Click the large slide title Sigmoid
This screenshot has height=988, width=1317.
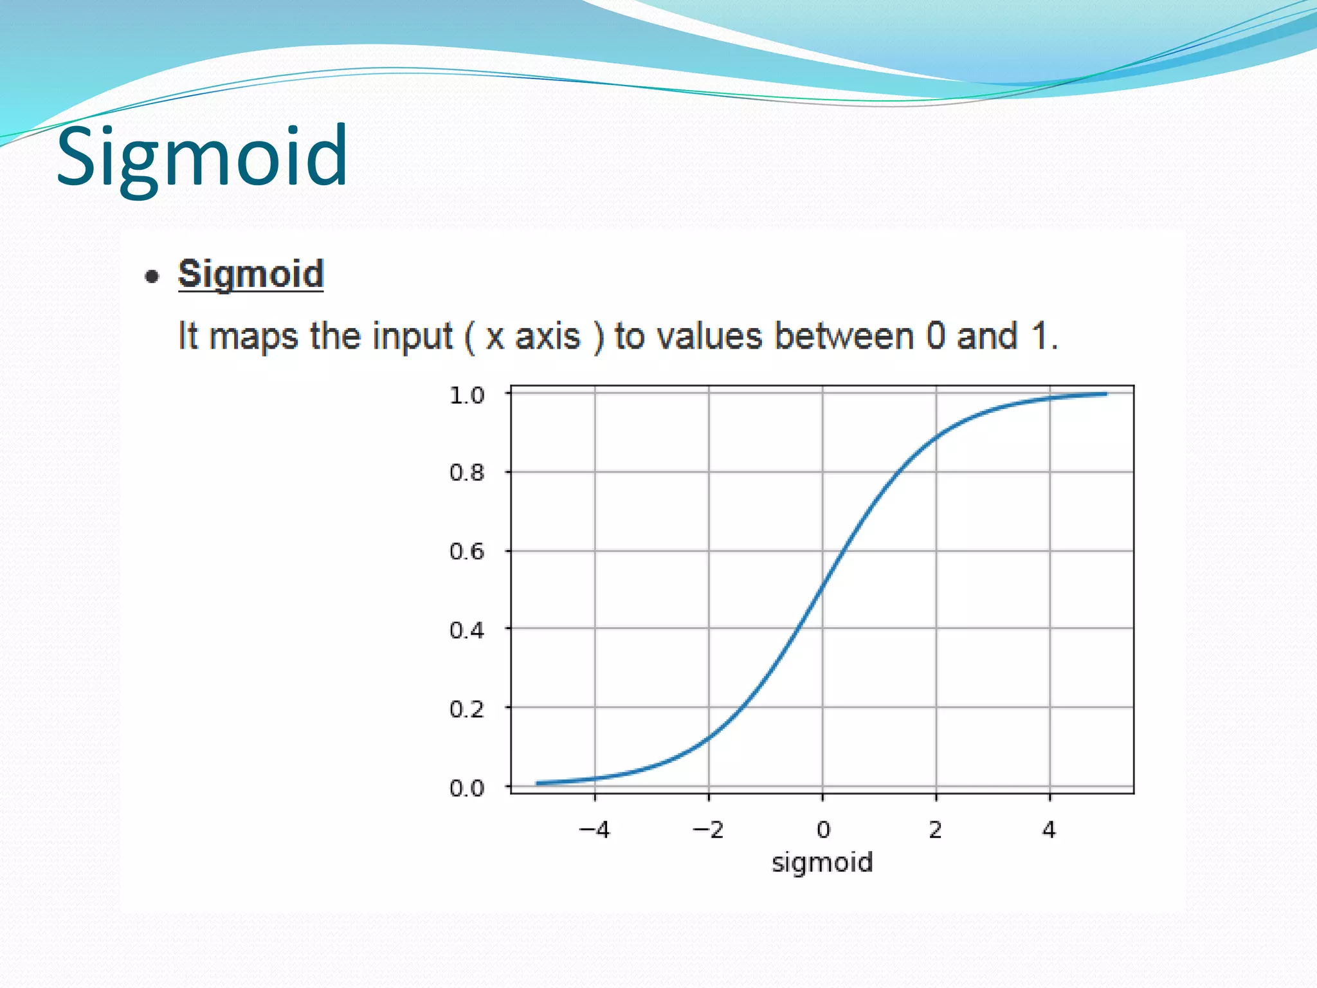202,157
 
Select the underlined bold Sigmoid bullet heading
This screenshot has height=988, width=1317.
251,274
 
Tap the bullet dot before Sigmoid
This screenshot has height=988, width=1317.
152,277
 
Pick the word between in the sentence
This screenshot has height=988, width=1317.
844,336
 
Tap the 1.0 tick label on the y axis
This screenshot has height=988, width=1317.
467,395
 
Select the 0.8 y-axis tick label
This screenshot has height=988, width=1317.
467,473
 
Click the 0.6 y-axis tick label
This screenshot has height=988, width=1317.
467,551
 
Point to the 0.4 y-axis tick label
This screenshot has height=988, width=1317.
467,630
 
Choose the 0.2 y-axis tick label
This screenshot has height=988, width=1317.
467,709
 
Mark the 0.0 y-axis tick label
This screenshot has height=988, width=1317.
467,787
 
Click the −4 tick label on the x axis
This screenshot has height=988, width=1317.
594,830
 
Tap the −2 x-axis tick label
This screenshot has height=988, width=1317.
708,830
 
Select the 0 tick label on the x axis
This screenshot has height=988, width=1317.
823,830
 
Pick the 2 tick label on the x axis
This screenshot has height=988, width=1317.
936,830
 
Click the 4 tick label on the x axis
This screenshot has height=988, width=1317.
1049,830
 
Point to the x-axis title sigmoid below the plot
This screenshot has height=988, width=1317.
822,863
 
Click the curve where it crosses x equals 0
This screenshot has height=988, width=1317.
822,589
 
